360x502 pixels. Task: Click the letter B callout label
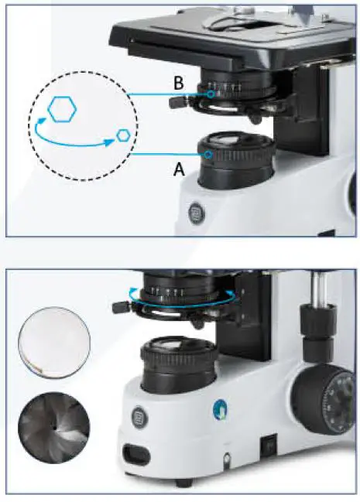[179, 83]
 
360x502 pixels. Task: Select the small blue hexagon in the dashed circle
[123, 135]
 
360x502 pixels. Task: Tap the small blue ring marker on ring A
[210, 154]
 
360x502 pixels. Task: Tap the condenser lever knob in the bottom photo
[118, 307]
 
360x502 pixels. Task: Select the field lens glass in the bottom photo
[177, 348]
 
